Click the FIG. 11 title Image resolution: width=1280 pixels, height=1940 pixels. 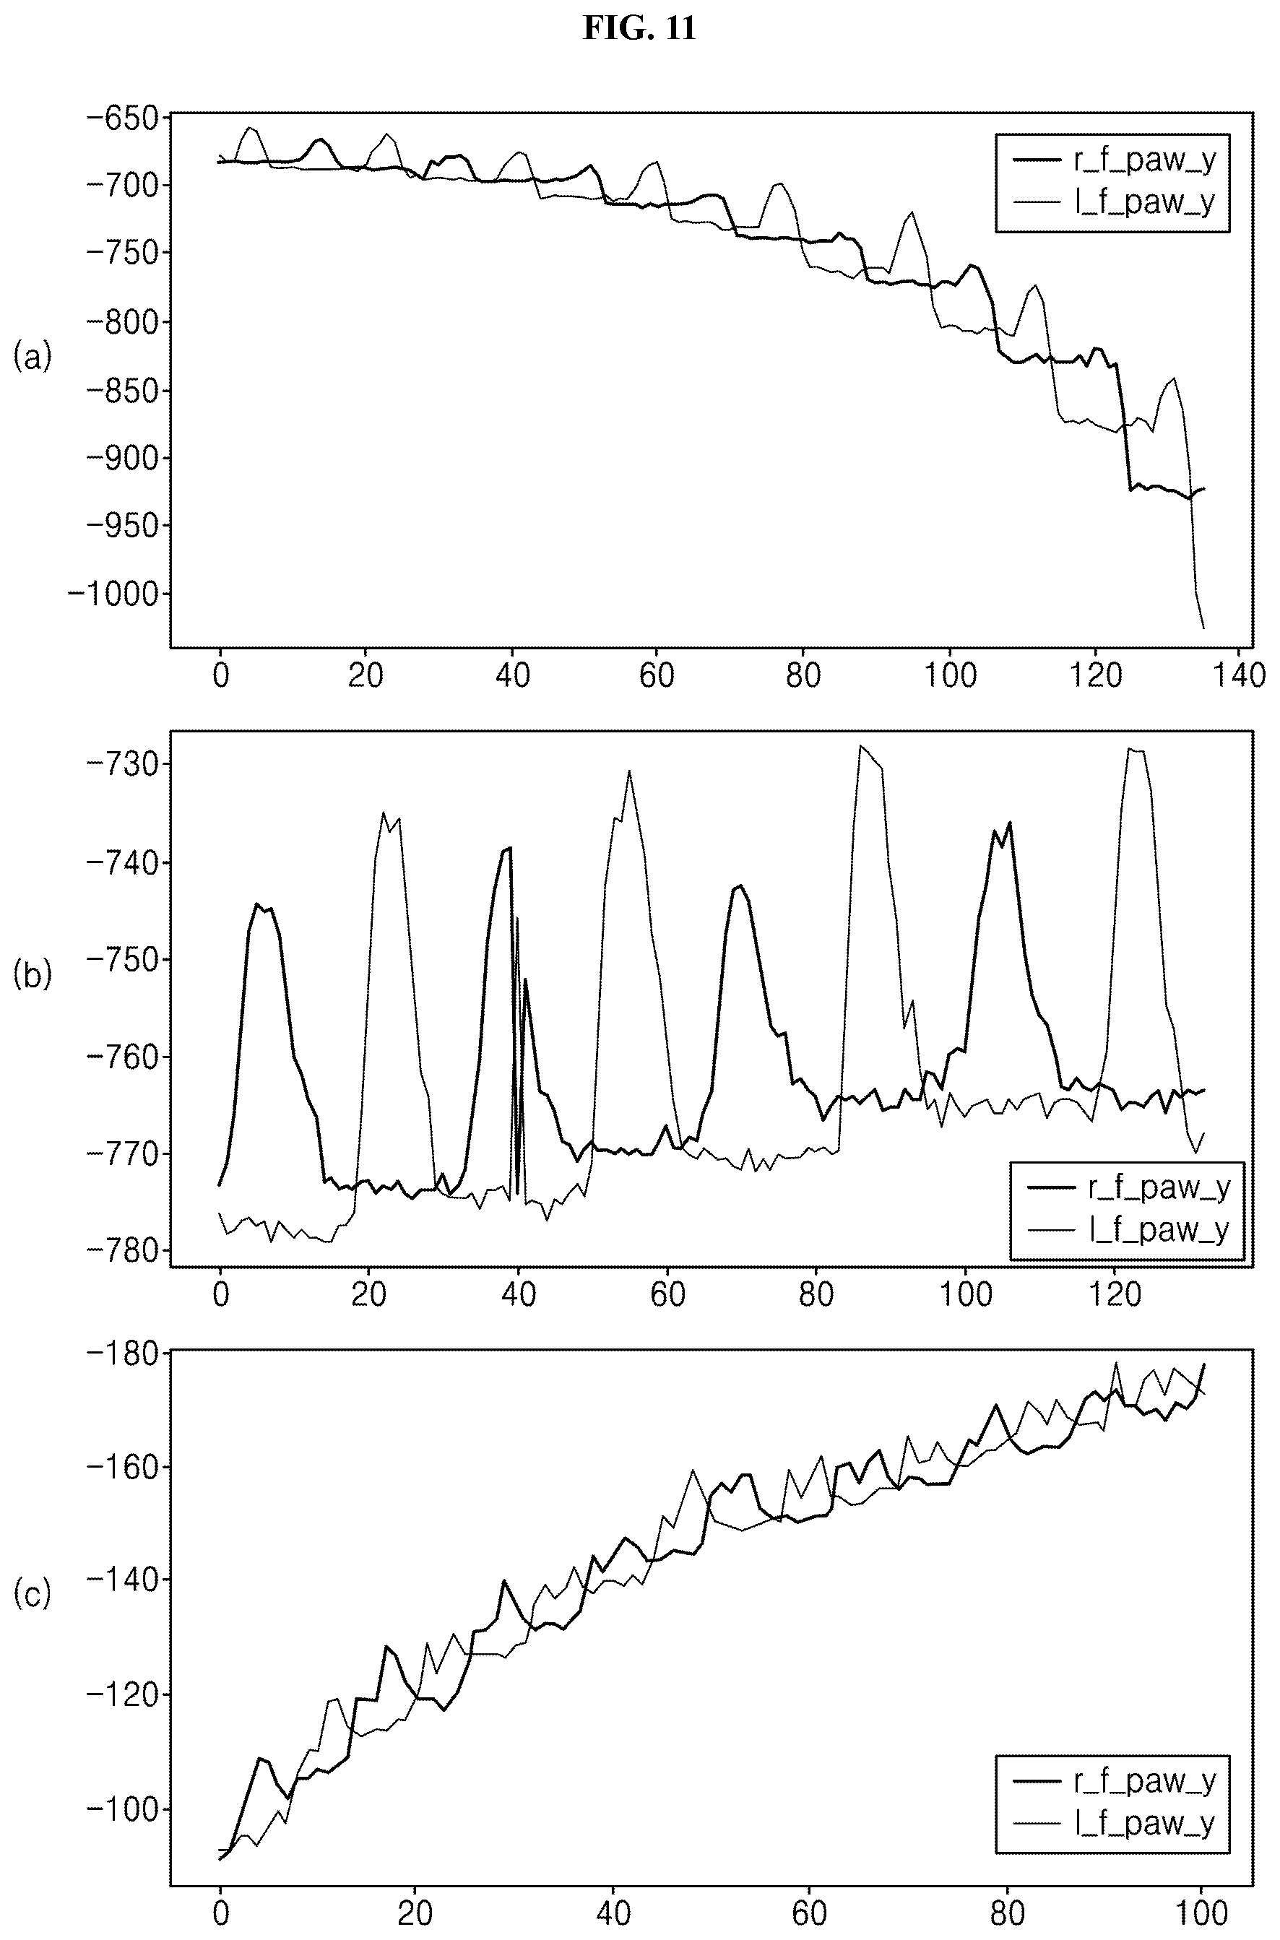[639, 29]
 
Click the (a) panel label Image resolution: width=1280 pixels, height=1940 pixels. [32, 357]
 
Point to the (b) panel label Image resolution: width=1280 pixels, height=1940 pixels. [32, 974]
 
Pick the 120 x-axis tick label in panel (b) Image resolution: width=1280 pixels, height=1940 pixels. [1115, 1294]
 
